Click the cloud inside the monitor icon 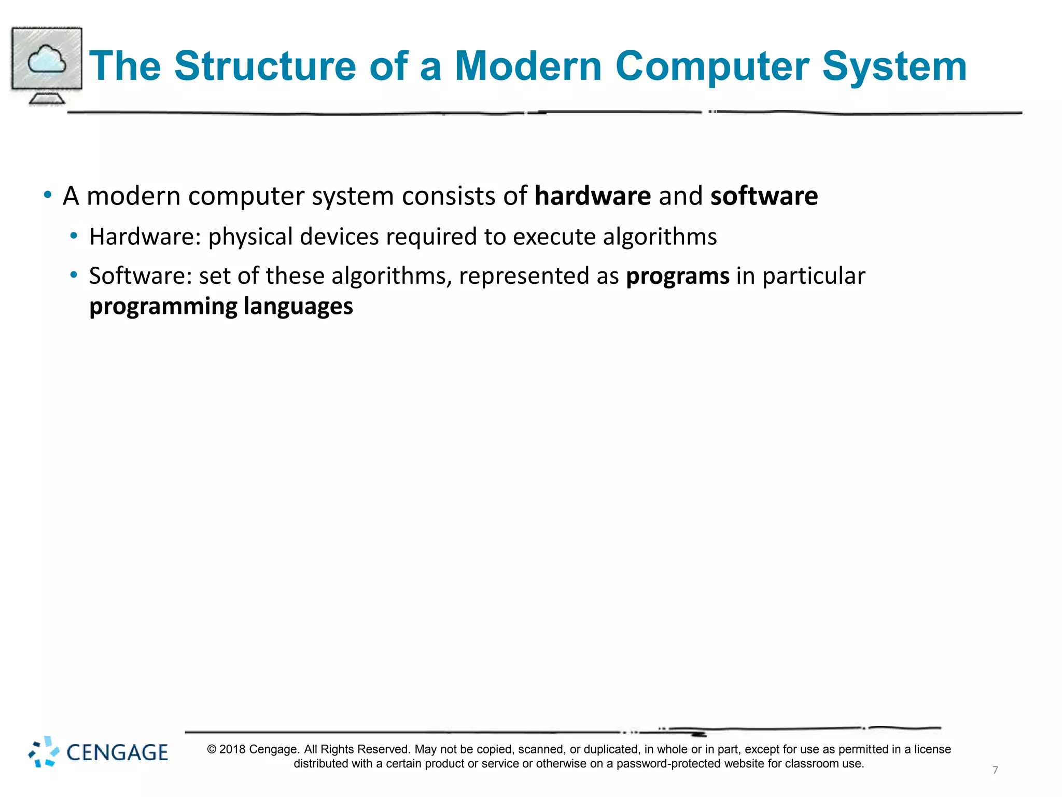click(47, 60)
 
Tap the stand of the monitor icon click(47, 98)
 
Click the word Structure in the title click(265, 66)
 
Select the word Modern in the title click(527, 66)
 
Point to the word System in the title click(894, 66)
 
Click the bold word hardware click(592, 196)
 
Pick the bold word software click(764, 196)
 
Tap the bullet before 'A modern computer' click(48, 196)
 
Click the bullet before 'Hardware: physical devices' click(74, 236)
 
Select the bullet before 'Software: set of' click(74, 275)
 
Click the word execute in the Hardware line click(554, 237)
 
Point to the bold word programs click(677, 276)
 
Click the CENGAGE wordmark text click(117, 753)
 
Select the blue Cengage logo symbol click(44, 752)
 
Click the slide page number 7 click(995, 770)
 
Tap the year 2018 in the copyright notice click(232, 749)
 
